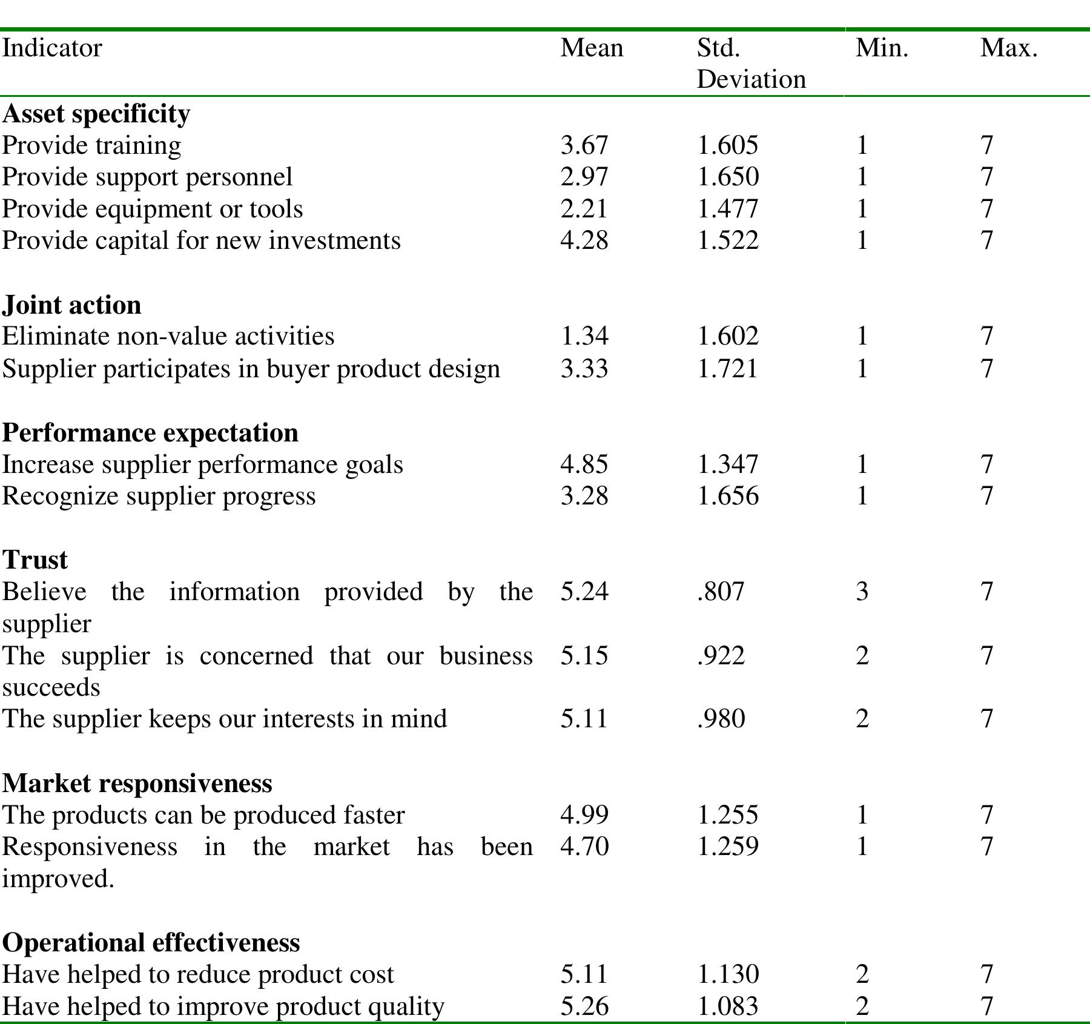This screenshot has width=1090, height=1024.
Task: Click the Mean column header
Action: coord(592,48)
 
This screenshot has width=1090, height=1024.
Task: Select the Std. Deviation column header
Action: coord(751,64)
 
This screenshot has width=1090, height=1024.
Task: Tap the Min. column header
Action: coord(882,48)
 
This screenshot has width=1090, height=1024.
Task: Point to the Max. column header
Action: coord(1009,48)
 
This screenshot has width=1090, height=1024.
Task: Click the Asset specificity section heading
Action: coord(96,114)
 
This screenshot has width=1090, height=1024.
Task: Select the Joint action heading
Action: coord(71,305)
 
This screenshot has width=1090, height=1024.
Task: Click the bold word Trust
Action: coord(35,560)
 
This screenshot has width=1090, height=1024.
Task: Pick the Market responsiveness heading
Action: coord(137,783)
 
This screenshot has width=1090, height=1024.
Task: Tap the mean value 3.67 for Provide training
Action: coord(584,145)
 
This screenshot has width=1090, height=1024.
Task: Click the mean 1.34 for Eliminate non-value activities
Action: coord(584,336)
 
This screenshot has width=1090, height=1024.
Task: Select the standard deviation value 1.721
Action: coord(727,369)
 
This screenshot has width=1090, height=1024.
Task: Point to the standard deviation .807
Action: coord(721,591)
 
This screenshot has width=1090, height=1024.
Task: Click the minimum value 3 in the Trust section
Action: coord(862,591)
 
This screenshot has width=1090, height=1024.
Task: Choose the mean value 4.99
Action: coord(584,815)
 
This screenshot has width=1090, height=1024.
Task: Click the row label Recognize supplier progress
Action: coord(159,497)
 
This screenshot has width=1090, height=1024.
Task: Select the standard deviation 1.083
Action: coord(727,1006)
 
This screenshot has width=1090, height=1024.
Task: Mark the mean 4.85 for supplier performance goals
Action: coord(584,464)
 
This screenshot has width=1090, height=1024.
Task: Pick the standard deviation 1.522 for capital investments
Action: coord(727,240)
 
